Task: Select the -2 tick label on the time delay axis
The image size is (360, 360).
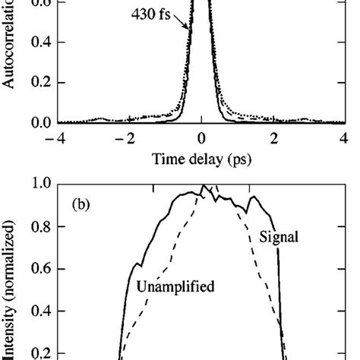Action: (127, 137)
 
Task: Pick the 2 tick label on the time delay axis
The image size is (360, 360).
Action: (274, 137)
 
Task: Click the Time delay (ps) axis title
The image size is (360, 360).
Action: (201, 160)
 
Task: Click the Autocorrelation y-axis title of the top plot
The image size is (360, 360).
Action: (9, 46)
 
